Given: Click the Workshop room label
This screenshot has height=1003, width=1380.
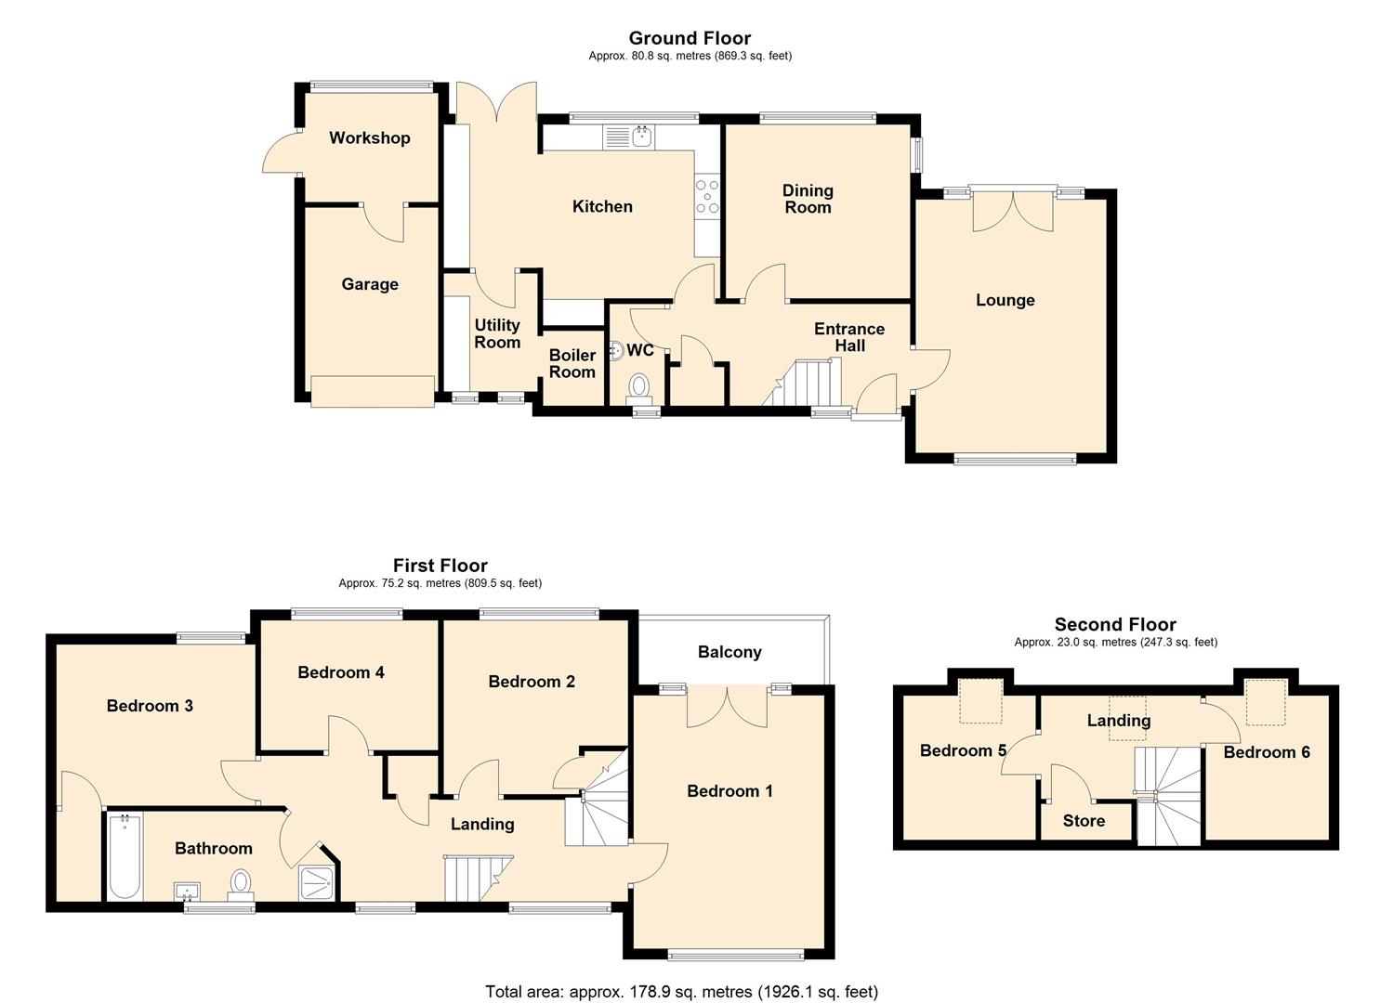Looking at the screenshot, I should pyautogui.click(x=369, y=138).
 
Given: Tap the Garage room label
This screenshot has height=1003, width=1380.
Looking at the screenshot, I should pyautogui.click(x=369, y=285).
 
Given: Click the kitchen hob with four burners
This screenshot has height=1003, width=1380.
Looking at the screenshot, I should pyautogui.click(x=707, y=197).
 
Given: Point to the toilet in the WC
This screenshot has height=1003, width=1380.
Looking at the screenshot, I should pyautogui.click(x=639, y=384).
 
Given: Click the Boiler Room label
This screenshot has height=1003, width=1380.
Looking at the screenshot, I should pyautogui.click(x=572, y=364).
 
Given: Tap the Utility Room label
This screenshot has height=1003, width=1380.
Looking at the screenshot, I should pyautogui.click(x=497, y=333).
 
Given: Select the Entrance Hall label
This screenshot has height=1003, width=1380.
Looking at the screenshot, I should pyautogui.click(x=849, y=337).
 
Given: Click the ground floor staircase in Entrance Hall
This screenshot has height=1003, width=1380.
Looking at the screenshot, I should pyautogui.click(x=807, y=383).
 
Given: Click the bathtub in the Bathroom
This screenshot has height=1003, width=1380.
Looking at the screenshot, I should pyautogui.click(x=124, y=856).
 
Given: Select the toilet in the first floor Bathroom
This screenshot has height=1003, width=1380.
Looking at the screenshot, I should pyautogui.click(x=241, y=883).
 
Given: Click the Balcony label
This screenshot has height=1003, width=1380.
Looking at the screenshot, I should pyautogui.click(x=729, y=652).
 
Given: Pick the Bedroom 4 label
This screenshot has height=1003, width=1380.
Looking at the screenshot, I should pyautogui.click(x=341, y=672).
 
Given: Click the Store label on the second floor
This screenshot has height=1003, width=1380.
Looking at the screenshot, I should pyautogui.click(x=1084, y=821).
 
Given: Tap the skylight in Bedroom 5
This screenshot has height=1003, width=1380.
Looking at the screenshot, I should pyautogui.click(x=980, y=701).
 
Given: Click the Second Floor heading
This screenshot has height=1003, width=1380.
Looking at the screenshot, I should pyautogui.click(x=1115, y=625).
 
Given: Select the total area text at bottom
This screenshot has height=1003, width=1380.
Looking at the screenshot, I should pyautogui.click(x=681, y=992).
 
